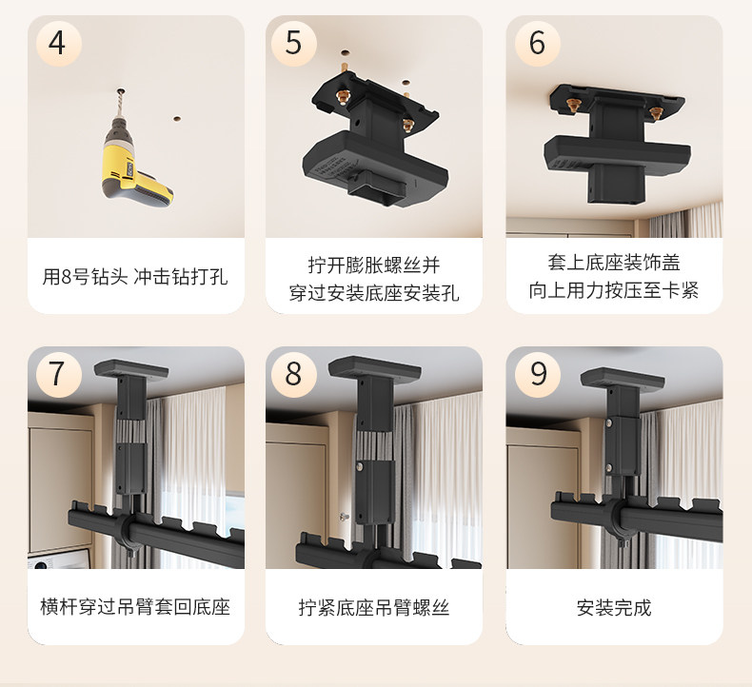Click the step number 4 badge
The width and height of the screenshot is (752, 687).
coord(58,43)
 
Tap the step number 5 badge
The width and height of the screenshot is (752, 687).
coord(293,43)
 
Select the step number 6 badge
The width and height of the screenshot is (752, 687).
coord(538,43)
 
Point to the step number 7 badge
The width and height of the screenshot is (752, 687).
coord(58,374)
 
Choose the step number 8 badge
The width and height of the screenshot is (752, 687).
coord(293,374)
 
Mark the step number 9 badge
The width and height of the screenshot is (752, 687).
coord(538,374)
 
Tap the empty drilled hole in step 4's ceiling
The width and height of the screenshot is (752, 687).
coord(176,118)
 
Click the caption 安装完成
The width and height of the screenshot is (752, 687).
coord(614,607)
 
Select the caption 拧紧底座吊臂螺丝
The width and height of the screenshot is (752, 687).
coord(374,607)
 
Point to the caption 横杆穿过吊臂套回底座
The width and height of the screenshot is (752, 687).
coord(135,607)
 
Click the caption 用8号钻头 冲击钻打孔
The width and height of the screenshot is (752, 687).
coord(135,277)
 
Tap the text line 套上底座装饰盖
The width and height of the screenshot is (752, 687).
coord(614,263)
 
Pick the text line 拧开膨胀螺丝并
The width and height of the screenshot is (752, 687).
coord(374,265)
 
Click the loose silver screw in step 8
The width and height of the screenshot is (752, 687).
coord(344,517)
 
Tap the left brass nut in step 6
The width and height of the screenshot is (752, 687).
coord(572,105)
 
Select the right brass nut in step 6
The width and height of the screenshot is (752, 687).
coord(655,113)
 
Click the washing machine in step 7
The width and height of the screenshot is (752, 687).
coord(57,559)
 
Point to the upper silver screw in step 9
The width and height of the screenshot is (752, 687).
coord(608,422)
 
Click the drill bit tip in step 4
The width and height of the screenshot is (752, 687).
coord(120,90)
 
